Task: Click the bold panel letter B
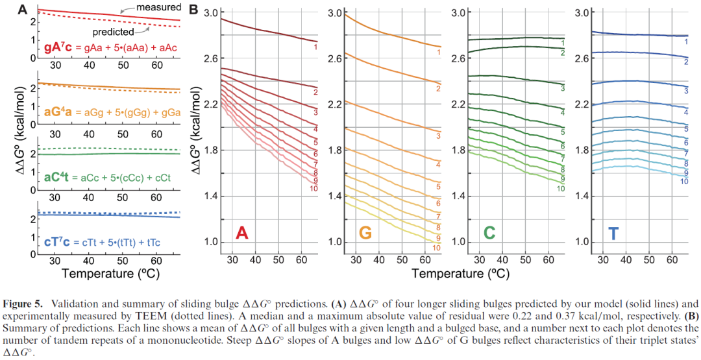(193, 10)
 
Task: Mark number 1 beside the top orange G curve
(438, 53)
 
